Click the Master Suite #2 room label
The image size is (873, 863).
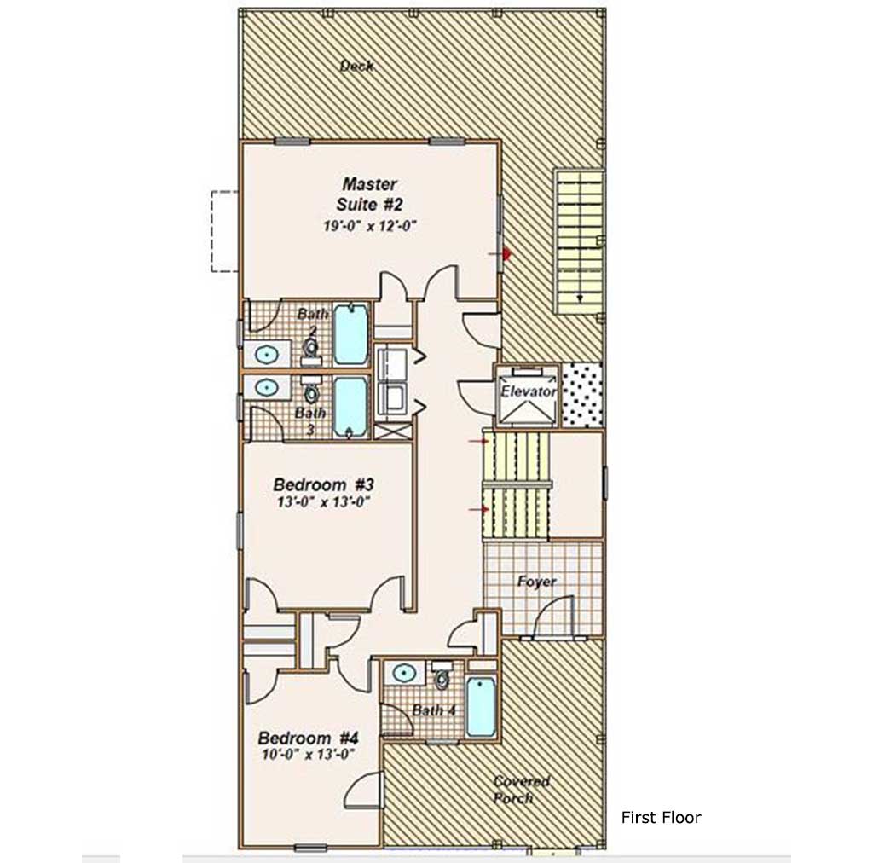[370, 194]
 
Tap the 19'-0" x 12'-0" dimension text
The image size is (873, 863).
[370, 225]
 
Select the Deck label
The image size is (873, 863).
[357, 66]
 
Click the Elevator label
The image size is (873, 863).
[528, 391]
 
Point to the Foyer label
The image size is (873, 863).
[537, 582]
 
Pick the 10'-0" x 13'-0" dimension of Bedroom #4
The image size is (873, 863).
[309, 755]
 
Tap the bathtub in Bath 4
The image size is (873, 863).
[481, 706]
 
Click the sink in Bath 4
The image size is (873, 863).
[404, 673]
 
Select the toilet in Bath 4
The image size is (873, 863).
[442, 675]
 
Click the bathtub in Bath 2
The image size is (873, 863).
[350, 333]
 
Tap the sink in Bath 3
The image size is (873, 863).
[267, 386]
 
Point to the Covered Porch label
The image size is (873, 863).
[521, 790]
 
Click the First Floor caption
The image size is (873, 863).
[661, 817]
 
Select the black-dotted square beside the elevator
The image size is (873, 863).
[581, 396]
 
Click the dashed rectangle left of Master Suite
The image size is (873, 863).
[224, 231]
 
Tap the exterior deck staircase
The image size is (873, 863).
[579, 241]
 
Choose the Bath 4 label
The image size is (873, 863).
[434, 710]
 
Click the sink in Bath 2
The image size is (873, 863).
[267, 354]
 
